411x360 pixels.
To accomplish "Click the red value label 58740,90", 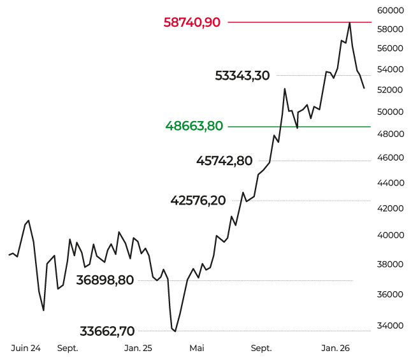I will point(192,22).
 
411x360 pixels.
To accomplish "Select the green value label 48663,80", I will point(194,126).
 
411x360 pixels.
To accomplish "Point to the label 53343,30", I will point(242,76).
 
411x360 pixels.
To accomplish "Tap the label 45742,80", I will point(224,161).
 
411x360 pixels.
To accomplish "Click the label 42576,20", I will point(198,201).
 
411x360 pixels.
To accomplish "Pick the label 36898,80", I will point(105,280).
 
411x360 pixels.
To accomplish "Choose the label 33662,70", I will point(107,331).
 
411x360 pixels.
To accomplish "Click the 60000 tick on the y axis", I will point(391,10).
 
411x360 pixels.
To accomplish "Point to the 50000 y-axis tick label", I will point(391,112).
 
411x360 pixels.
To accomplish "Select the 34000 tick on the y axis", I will point(391,326).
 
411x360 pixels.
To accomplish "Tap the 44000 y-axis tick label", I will point(391,183).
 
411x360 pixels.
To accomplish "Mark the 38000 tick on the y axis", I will point(391,264).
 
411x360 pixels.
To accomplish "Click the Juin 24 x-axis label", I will point(26,349).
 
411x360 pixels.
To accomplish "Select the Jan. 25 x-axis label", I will point(138,349).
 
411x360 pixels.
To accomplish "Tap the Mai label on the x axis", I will point(197,349).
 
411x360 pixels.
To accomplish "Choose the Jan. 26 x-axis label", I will point(336,349).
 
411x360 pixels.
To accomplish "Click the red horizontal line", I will point(287,22).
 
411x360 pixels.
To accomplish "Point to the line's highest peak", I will point(350,23).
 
